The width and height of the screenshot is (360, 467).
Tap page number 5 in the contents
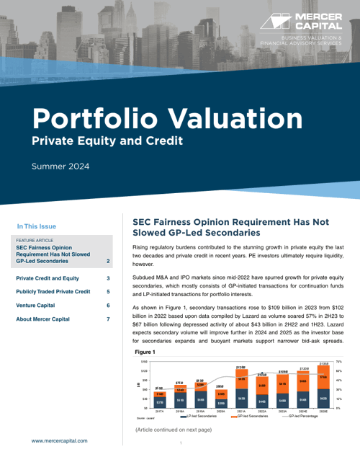click(108, 291)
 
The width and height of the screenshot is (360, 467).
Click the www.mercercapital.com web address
click(59, 440)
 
